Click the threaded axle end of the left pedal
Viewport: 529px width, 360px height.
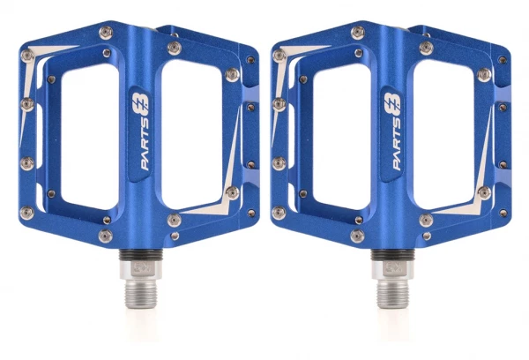141,293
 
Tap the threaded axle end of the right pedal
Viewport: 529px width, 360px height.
392,293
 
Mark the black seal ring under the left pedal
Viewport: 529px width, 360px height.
141,255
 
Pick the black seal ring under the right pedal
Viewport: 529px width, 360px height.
392,255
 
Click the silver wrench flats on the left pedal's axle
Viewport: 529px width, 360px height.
141,269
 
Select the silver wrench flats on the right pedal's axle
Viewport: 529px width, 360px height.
392,269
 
